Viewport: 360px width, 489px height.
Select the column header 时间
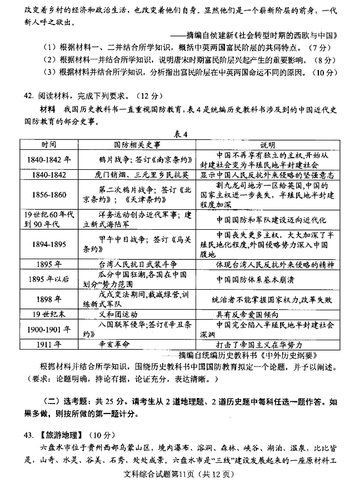[x=48, y=144]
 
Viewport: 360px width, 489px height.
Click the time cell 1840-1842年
[x=48, y=160]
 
